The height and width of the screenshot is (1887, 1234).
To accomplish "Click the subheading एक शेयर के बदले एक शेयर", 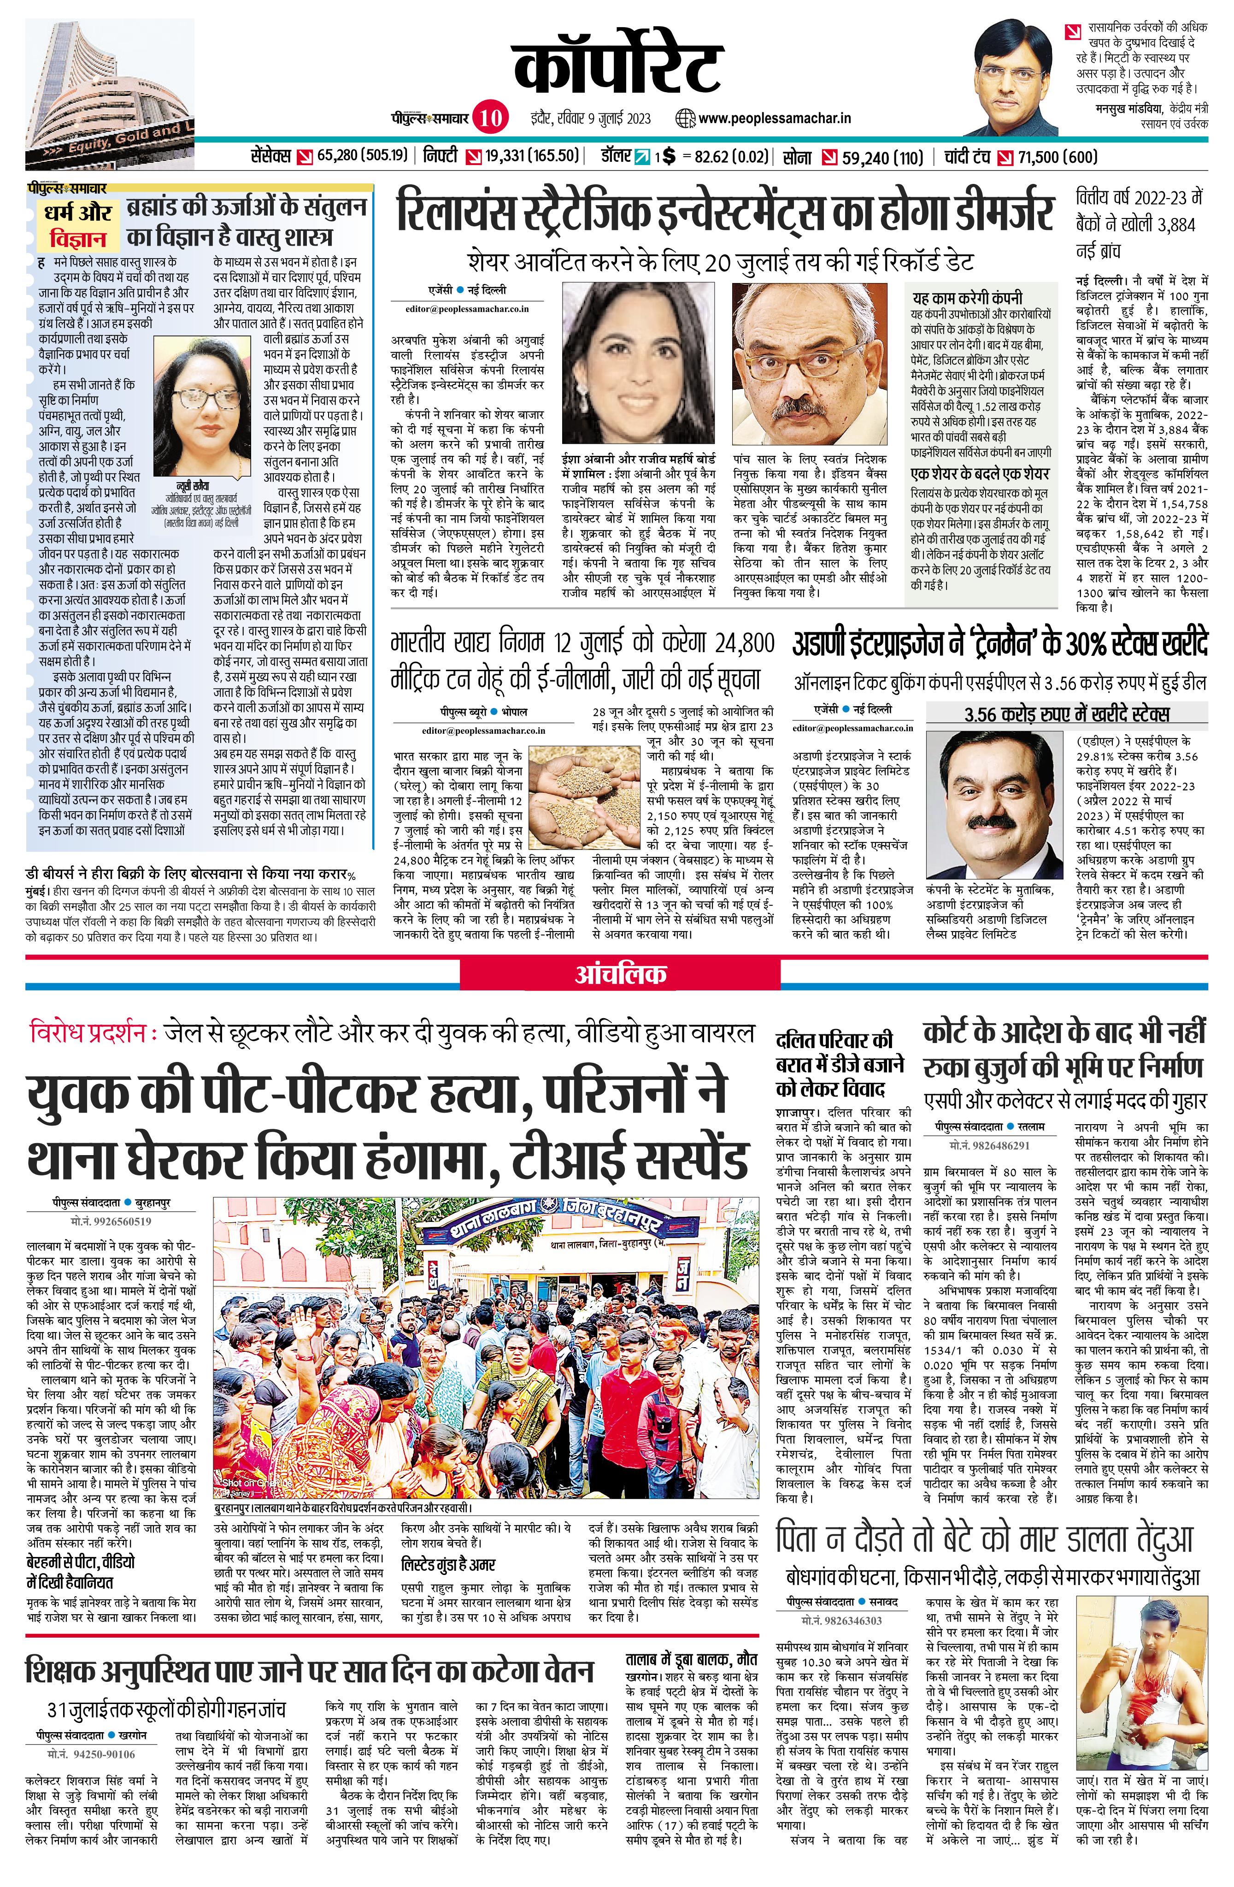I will [x=980, y=474].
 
